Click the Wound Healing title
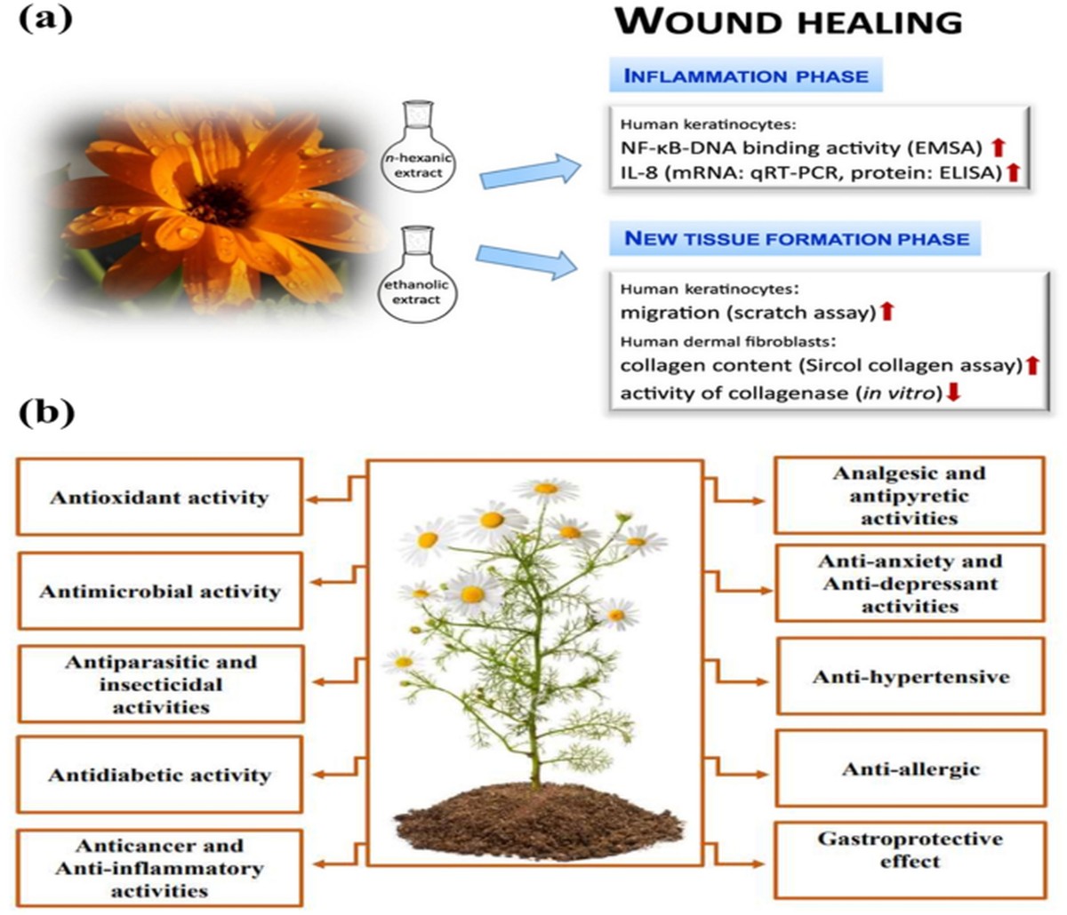789,21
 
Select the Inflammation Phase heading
746,76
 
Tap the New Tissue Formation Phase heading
797,238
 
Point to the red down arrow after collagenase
953,392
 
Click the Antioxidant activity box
159,497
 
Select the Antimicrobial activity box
159,591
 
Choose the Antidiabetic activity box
159,775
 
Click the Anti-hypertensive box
911,676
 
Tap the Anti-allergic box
911,768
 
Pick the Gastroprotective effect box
911,850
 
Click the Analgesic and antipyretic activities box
911,495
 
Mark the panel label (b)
46,414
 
